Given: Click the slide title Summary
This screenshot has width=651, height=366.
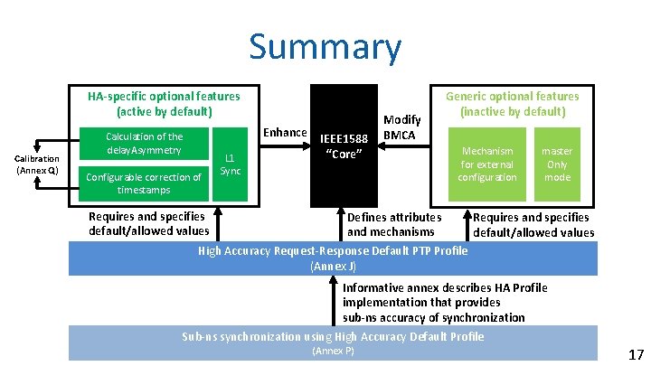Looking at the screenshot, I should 325,47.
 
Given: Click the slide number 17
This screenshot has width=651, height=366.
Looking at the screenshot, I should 635,355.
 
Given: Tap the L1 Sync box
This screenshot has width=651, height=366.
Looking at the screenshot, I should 231,164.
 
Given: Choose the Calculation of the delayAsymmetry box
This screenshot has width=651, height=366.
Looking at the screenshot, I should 145,143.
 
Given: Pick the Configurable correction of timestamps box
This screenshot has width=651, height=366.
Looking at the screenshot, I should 145,183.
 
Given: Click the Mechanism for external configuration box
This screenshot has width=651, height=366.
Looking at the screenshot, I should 486,164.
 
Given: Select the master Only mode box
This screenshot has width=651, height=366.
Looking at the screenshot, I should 556,164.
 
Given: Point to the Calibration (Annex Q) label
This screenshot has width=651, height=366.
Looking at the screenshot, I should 36,164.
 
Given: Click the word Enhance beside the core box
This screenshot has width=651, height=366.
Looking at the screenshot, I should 285,133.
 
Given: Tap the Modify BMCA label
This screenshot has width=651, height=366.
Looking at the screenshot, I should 401,127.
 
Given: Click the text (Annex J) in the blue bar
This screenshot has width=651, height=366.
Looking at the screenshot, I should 333,267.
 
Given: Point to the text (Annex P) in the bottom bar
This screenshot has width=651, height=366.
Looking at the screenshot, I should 333,350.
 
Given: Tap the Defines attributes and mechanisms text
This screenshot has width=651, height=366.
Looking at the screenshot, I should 394,224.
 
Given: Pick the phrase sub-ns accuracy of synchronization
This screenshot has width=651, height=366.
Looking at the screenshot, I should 433,317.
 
